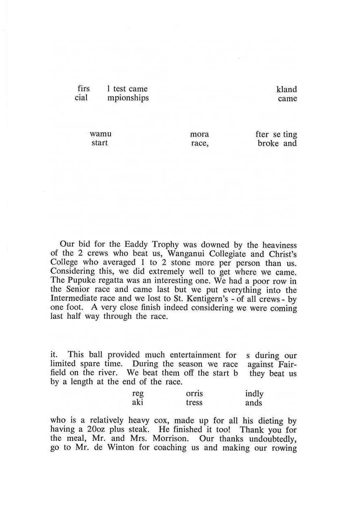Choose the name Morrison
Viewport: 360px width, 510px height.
click(x=170, y=438)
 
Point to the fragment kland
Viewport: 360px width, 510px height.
click(x=286, y=89)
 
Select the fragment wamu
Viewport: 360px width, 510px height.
click(x=101, y=134)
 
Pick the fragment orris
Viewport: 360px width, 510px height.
click(x=195, y=394)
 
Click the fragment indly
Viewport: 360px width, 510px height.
click(x=254, y=394)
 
